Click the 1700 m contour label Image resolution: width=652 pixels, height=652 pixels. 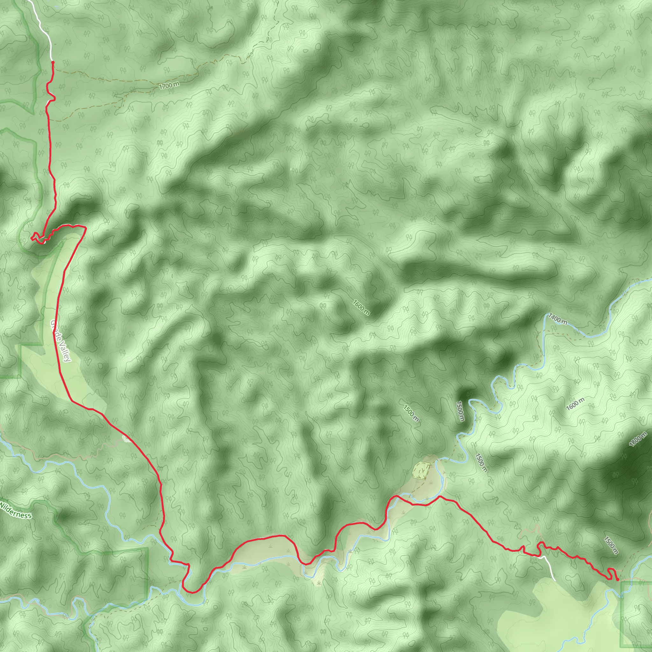point(169,85)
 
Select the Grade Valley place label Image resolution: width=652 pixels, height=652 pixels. point(61,341)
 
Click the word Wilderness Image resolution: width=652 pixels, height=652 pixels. point(16,510)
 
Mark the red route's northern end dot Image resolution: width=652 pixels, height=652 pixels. point(53,62)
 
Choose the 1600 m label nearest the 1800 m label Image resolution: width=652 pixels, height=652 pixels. point(575,404)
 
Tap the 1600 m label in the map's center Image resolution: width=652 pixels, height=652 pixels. point(361,307)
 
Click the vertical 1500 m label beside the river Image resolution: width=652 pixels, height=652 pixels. point(460,411)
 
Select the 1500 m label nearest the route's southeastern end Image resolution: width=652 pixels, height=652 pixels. point(611,545)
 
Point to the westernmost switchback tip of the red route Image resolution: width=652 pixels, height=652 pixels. point(32,238)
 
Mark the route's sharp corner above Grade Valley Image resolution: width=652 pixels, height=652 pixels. point(86,228)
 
